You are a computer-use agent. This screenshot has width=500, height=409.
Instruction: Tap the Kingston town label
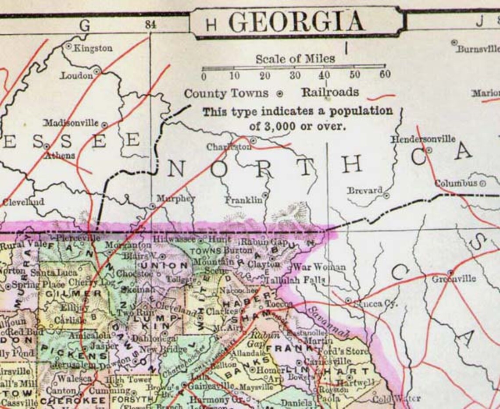pyautogui.click(x=93, y=48)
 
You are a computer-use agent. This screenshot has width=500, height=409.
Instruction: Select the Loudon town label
pyautogui.click(x=77, y=75)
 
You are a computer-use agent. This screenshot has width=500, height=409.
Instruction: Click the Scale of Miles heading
pyautogui.click(x=295, y=58)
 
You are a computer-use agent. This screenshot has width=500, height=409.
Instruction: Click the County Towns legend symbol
pyautogui.click(x=280, y=94)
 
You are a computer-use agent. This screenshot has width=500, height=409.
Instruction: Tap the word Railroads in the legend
pyautogui.click(x=330, y=92)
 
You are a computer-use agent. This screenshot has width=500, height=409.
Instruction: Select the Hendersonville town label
pyautogui.click(x=423, y=139)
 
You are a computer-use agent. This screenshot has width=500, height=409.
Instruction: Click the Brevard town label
pyautogui.click(x=364, y=191)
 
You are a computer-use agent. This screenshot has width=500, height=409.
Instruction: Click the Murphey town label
pyautogui.click(x=176, y=199)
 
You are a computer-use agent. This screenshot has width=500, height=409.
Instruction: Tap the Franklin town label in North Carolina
pyautogui.click(x=244, y=200)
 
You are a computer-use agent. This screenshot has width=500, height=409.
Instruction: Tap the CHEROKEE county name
pyautogui.click(x=73, y=401)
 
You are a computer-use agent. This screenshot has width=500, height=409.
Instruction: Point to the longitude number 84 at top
pyautogui.click(x=150, y=25)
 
